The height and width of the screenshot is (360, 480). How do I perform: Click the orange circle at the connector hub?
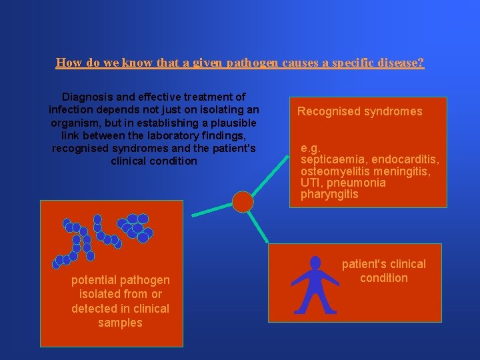(x=243, y=201)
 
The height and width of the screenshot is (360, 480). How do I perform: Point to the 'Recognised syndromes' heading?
(x=359, y=111)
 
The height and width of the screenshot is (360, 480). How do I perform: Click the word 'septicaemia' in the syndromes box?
(x=333, y=159)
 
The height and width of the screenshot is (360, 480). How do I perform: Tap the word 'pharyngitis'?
(x=329, y=194)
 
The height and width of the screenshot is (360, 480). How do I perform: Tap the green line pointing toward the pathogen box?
(x=212, y=210)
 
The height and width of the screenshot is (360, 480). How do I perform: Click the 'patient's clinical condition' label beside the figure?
(x=383, y=271)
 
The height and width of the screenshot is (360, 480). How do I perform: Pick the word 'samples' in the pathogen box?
(x=120, y=323)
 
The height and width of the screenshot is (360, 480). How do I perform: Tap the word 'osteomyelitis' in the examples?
(x=332, y=171)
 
